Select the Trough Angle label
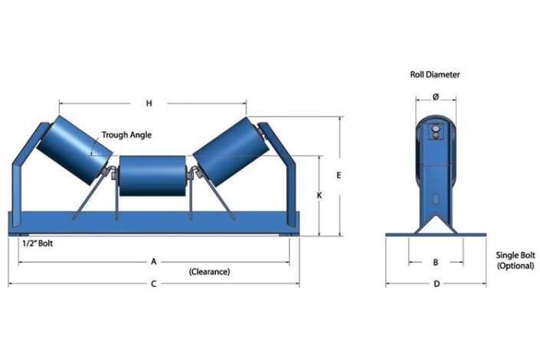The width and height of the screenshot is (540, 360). (126, 135)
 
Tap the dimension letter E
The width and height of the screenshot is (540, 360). (338, 175)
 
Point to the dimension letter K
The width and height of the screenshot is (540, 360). (319, 195)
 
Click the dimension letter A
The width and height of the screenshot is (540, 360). (153, 261)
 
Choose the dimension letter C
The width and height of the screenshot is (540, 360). (153, 284)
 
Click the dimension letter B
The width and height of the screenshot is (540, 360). (435, 262)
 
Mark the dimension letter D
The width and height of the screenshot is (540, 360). (435, 284)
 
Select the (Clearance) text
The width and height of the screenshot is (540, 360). (209, 271)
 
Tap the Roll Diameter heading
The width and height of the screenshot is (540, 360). (434, 74)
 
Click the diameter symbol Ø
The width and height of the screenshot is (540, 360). (435, 97)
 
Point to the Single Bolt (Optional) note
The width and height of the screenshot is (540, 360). (513, 260)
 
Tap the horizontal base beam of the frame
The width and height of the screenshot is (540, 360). (153, 223)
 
